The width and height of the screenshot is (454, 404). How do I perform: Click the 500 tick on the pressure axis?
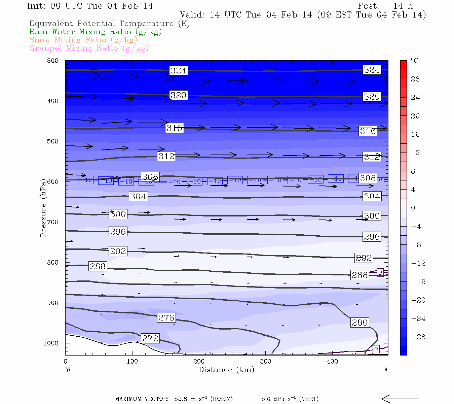(53, 141)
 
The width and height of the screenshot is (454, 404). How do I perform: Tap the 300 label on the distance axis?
(266, 361)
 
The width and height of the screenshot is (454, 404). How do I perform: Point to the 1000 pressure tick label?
(51, 343)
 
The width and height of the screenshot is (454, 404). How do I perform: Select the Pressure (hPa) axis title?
(43, 208)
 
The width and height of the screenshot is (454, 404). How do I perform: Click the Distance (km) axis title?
(227, 370)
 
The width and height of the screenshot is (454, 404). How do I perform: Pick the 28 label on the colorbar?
(415, 79)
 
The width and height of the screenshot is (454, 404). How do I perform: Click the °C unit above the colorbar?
(414, 61)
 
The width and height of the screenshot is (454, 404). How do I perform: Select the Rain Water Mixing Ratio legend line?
(96, 32)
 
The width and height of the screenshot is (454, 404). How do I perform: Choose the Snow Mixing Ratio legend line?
(83, 40)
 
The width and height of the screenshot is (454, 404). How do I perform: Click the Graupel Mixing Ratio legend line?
(89, 48)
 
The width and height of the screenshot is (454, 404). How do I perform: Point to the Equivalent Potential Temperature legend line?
(109, 24)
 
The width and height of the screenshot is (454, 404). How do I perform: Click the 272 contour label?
(150, 338)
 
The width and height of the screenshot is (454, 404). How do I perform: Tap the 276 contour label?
(166, 317)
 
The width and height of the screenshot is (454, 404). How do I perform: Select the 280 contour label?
(360, 323)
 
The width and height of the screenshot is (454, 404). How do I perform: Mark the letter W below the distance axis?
(68, 370)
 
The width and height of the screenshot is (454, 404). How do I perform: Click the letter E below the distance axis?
(386, 370)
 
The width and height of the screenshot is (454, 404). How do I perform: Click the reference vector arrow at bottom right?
(400, 399)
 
